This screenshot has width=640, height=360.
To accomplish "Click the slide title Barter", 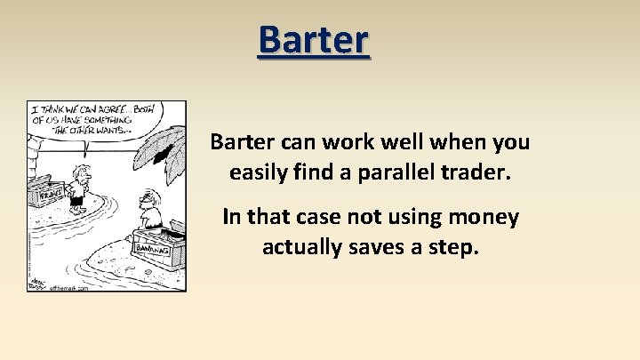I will click(x=313, y=40).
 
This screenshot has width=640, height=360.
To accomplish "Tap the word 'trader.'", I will click(x=479, y=172).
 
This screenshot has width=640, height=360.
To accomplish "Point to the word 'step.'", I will click(x=457, y=246).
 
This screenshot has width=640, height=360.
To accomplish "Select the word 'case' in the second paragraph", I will click(x=317, y=216).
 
